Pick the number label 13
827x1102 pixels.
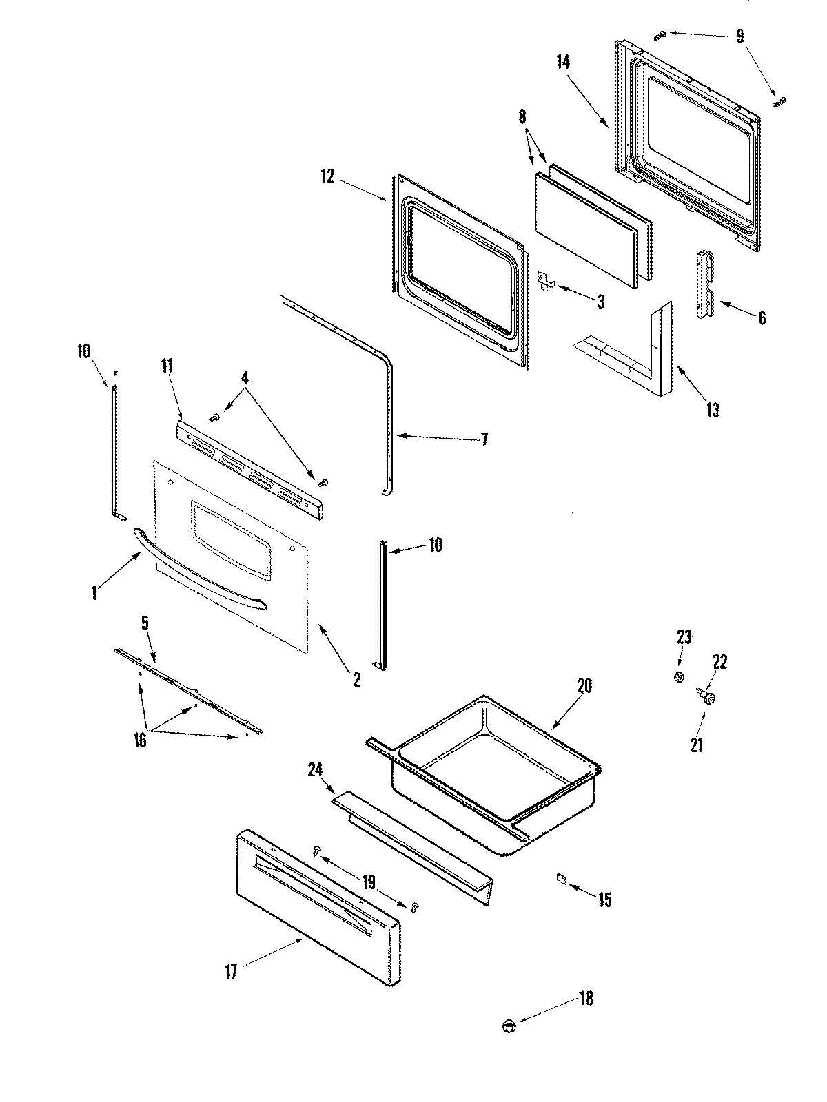712,410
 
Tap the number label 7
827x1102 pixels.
484,439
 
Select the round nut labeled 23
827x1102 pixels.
679,677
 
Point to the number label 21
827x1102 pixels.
697,745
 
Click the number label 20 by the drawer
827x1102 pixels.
584,686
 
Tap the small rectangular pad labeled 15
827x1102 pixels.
560,877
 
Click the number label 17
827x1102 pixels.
231,972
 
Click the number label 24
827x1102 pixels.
315,769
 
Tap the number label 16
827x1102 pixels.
140,741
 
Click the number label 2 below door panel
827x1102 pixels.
356,679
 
